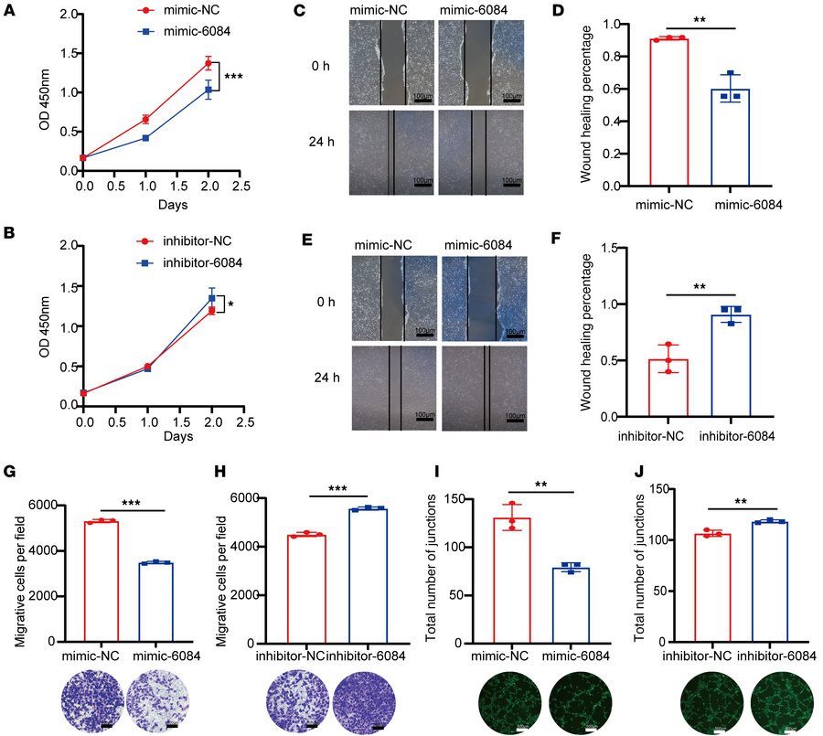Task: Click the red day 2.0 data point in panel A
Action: (208, 63)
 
